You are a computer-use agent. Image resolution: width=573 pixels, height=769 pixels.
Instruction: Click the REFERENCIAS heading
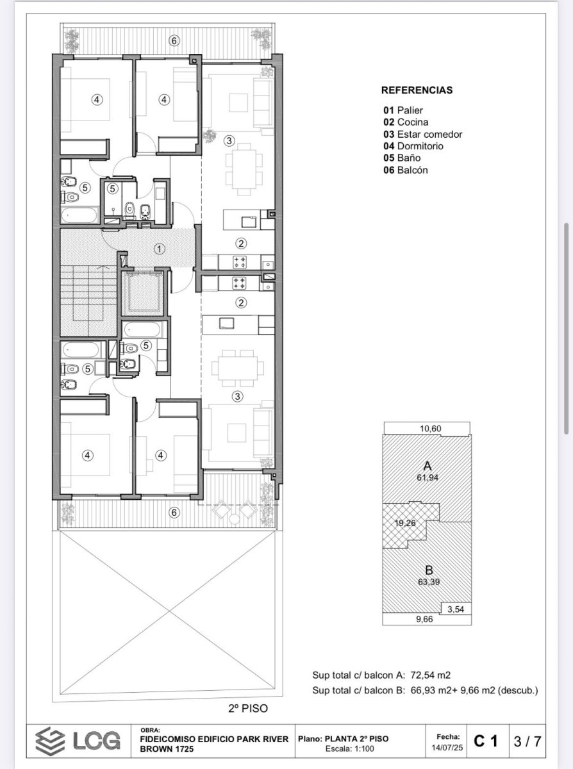417,90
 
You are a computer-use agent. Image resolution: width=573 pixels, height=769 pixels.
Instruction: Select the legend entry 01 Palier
403,110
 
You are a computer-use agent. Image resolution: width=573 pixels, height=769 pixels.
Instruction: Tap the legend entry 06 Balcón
406,170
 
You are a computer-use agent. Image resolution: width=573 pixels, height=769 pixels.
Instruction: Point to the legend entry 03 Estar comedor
423,134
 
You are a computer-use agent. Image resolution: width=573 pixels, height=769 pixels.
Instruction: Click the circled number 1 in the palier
159,249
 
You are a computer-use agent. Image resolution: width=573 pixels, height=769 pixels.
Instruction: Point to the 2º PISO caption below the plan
248,706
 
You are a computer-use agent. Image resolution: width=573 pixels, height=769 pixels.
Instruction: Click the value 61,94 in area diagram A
428,477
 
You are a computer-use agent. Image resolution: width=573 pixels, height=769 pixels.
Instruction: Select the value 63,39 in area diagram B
429,582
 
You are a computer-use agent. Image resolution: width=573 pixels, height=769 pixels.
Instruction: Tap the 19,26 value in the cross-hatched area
405,523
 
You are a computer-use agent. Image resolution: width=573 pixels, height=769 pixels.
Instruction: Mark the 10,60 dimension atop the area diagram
431,429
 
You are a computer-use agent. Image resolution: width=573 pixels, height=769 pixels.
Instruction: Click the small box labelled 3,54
456,609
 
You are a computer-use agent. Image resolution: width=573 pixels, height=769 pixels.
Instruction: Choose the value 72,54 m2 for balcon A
431,675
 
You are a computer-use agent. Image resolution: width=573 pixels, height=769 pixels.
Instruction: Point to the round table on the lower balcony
235,518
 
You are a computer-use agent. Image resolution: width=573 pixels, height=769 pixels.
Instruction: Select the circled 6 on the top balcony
174,40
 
